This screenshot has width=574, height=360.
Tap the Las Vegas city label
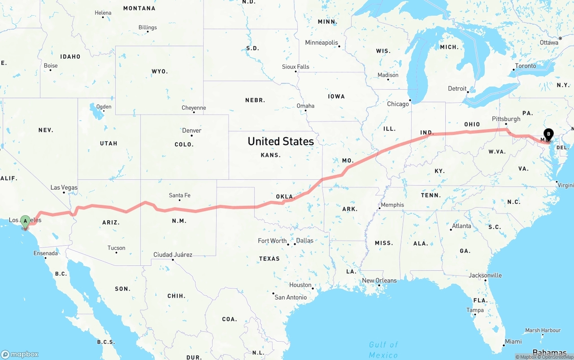[x=64, y=187]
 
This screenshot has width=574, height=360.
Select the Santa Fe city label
[x=179, y=195]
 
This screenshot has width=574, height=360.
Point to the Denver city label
[x=191, y=130]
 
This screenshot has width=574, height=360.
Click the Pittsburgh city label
[x=506, y=119]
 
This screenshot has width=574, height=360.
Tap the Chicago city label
[x=398, y=104]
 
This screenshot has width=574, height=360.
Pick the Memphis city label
[x=392, y=205]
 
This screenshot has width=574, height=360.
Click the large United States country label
[x=281, y=141]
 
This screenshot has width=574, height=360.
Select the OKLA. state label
[x=284, y=196]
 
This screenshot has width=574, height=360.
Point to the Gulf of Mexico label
[x=383, y=350]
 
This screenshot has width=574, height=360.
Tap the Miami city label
[x=513, y=342]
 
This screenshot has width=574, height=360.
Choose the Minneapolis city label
[x=322, y=43]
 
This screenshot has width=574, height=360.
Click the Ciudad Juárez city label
[x=173, y=255]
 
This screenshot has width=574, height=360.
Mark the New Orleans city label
[x=379, y=281]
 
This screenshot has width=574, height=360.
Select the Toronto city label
[x=526, y=66]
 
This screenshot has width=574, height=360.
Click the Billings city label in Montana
[x=148, y=27]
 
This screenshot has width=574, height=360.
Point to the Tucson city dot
[x=116, y=252]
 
